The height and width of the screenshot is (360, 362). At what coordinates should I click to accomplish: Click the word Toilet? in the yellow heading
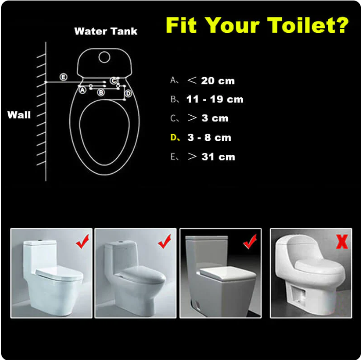point(308,25)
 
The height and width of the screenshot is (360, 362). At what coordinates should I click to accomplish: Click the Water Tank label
point(106,31)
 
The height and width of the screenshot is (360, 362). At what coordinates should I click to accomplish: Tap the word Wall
point(19,115)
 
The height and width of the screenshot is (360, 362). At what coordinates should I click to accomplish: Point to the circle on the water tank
point(104,57)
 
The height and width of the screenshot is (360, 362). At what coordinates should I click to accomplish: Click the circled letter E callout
point(63,77)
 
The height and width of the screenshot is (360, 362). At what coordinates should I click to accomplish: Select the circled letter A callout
point(82,90)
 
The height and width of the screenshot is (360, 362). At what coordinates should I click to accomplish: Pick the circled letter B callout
point(101,93)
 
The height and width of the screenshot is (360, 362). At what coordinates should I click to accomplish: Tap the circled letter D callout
point(128,94)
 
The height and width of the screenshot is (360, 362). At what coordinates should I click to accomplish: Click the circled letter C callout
point(113,81)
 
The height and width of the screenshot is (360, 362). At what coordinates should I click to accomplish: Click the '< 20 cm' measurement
point(211,81)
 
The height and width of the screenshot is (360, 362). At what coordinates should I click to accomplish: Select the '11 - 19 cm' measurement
point(215,100)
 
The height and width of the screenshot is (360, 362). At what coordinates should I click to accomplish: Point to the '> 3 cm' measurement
point(208,118)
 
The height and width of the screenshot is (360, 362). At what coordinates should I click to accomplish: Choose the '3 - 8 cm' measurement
point(209,138)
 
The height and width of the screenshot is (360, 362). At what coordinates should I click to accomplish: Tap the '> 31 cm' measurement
point(211,157)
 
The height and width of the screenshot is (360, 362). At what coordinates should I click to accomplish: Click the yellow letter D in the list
point(174,138)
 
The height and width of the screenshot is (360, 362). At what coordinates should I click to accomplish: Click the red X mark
point(342,242)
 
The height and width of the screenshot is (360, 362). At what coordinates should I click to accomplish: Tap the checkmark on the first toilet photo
point(82,242)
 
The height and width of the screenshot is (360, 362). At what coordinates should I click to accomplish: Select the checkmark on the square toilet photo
point(250,242)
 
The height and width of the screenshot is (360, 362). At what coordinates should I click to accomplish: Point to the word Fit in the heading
point(181,25)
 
